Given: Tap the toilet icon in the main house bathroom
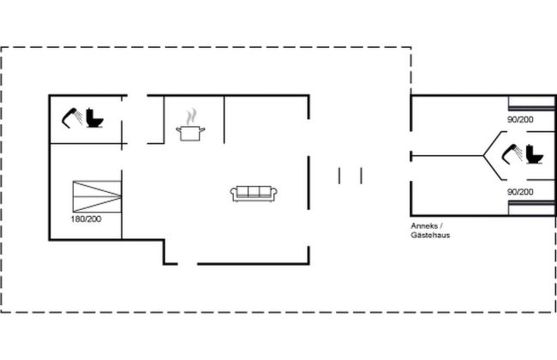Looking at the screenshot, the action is [x=95, y=118].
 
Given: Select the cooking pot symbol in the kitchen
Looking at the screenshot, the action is [x=191, y=133].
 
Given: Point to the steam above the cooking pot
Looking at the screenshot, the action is [x=191, y=117].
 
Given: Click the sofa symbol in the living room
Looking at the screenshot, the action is [x=254, y=194].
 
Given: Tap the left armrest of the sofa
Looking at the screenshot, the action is [x=234, y=194].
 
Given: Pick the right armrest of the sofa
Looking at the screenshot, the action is [x=274, y=194].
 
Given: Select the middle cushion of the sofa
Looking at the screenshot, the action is [x=254, y=191].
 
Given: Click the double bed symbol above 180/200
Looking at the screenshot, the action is [x=97, y=196].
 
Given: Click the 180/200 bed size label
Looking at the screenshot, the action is [x=86, y=219].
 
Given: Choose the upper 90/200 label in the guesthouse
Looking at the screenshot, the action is [x=520, y=120].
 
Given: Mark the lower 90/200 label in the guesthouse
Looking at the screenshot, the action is [x=520, y=192].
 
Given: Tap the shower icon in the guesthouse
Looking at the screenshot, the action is [x=512, y=154].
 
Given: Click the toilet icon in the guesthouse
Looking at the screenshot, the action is [x=535, y=154].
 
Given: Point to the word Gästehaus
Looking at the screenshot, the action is [x=430, y=235].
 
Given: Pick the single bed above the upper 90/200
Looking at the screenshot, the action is [x=531, y=104].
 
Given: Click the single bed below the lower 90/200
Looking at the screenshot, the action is [x=531, y=208].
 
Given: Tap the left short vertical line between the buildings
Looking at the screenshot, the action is [x=339, y=176].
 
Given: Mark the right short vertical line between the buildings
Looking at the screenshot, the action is [x=362, y=176].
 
